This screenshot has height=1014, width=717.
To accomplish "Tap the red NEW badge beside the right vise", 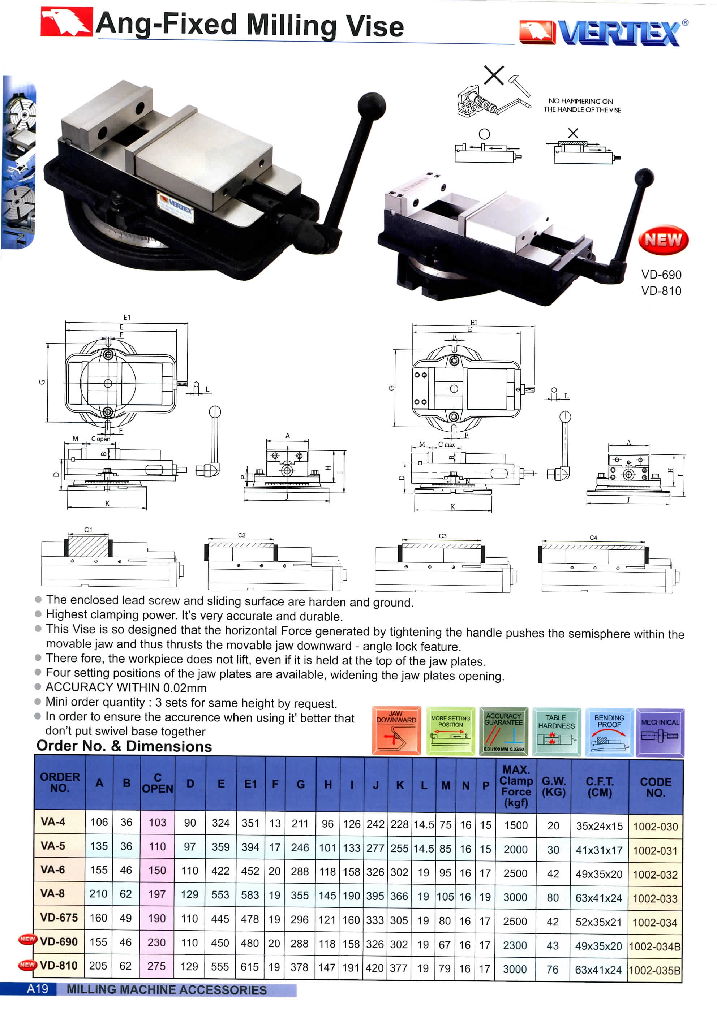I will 663,240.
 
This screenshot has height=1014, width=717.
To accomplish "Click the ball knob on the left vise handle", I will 371,106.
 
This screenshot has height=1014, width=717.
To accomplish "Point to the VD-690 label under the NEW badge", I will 661,275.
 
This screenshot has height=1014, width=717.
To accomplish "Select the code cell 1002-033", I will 655,898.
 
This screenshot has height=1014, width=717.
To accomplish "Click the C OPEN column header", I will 157,783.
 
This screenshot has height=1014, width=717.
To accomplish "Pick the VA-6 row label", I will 52,870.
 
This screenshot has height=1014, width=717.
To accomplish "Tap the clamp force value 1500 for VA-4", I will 516,825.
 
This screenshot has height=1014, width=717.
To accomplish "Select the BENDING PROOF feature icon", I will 609,732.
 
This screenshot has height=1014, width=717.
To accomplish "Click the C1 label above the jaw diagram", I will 88,530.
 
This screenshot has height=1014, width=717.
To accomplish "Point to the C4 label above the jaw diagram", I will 593,538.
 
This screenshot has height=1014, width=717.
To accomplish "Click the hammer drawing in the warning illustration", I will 519,85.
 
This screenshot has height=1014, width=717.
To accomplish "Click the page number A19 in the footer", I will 38,988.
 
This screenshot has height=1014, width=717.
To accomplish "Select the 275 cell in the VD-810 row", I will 156,966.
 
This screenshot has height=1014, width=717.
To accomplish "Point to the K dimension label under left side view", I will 107,504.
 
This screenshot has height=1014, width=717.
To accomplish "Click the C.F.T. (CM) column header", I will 599,786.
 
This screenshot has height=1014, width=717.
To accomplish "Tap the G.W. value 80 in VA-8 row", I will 552,897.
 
